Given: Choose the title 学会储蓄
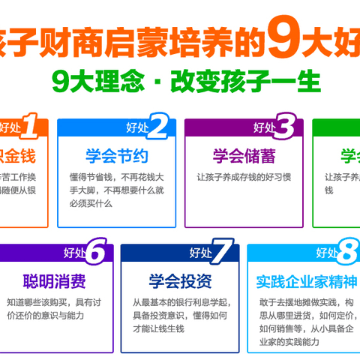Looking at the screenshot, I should [239, 157].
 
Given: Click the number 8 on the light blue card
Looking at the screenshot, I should [346, 252].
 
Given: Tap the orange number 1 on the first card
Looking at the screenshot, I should [29, 125].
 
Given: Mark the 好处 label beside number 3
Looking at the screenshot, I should [265, 127].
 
